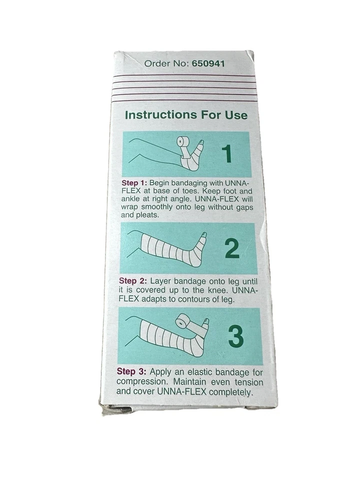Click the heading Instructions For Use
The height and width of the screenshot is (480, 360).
point(186,115)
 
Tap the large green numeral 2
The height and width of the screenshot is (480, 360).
point(232,248)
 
